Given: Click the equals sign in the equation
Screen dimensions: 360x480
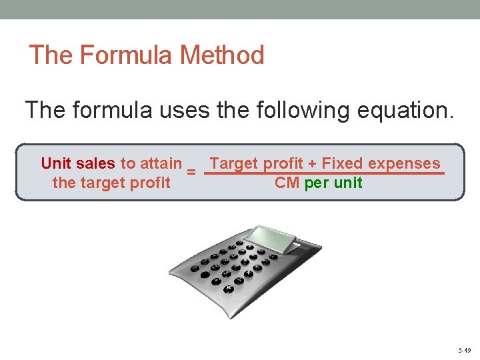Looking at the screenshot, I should click(x=191, y=172).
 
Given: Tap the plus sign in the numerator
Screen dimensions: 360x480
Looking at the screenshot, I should click(x=312, y=163).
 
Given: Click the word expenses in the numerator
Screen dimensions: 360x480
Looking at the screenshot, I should click(x=404, y=164).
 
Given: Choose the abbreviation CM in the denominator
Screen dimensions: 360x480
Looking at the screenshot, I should click(x=287, y=183).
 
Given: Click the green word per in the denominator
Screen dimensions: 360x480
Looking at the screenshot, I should click(x=317, y=183).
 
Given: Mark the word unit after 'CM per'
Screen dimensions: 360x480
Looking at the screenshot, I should click(x=348, y=183).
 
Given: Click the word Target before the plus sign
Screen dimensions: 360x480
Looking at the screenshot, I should click(x=234, y=163).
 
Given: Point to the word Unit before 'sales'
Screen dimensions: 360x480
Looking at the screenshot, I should click(x=56, y=163).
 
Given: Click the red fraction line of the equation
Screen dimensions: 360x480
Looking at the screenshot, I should click(x=324, y=173).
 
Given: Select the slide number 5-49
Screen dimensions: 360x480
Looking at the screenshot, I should click(x=465, y=350).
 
